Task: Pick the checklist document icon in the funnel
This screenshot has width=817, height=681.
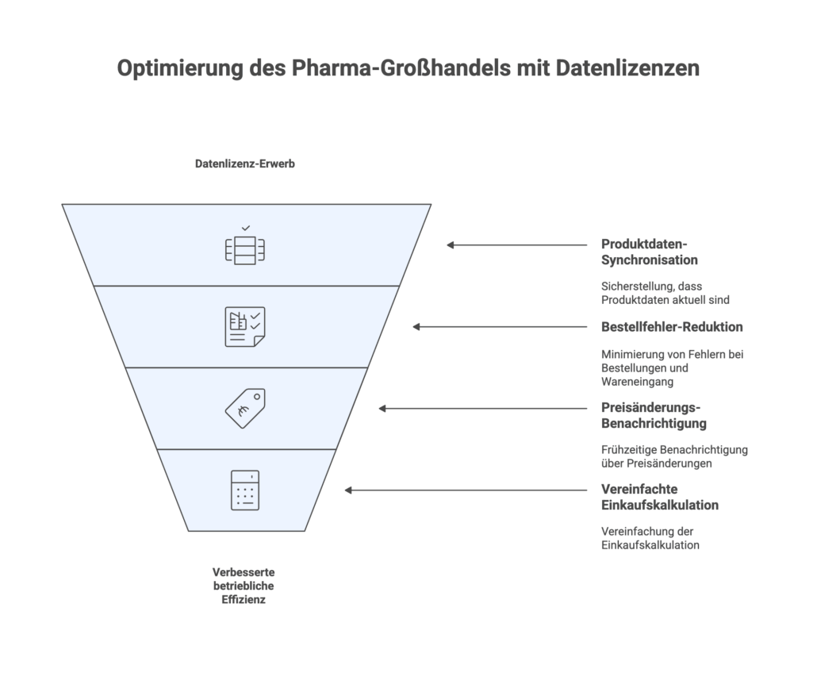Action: pyautogui.click(x=244, y=327)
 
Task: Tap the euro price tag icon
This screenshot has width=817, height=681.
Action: pyautogui.click(x=244, y=409)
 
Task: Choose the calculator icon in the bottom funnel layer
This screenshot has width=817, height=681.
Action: pyautogui.click(x=244, y=491)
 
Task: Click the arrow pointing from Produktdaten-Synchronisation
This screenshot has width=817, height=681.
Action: pyautogui.click(x=516, y=245)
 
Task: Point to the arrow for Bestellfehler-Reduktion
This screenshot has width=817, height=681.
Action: pyautogui.click(x=499, y=327)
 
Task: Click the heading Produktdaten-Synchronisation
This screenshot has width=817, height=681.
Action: pyautogui.click(x=649, y=252)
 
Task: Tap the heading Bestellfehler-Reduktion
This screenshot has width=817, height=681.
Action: pyautogui.click(x=672, y=326)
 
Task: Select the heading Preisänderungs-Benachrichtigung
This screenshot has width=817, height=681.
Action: pyautogui.click(x=654, y=415)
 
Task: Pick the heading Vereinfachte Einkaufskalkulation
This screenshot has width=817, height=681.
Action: pyautogui.click(x=659, y=497)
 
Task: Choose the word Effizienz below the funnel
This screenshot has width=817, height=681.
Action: pyautogui.click(x=244, y=601)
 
